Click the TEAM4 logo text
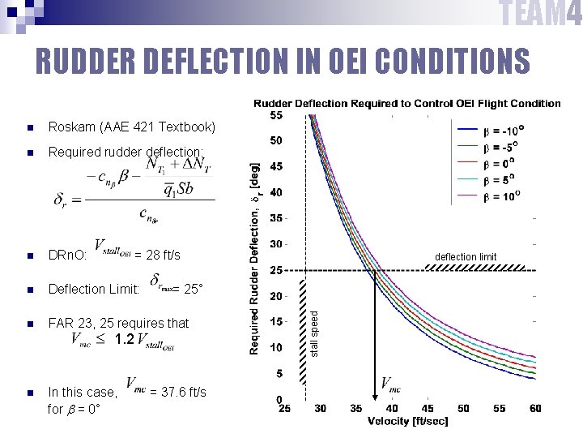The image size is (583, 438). [x=539, y=15]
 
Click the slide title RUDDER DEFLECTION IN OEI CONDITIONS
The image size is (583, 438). [x=283, y=62]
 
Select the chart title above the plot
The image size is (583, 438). [x=407, y=103]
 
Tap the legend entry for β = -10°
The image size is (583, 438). [x=503, y=130]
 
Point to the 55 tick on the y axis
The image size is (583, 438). [x=276, y=115]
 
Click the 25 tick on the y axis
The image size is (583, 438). [x=276, y=270]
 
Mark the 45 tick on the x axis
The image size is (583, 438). [x=428, y=409]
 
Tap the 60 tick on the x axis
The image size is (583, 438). [x=534, y=409]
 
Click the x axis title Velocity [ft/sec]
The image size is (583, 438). [x=407, y=421]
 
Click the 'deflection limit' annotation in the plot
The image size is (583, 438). [x=466, y=257]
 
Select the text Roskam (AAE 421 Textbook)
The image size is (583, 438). [x=132, y=127]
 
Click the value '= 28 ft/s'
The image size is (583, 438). [x=157, y=255]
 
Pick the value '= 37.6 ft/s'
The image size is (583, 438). [x=178, y=393]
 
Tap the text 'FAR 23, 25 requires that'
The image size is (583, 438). [x=119, y=323]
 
